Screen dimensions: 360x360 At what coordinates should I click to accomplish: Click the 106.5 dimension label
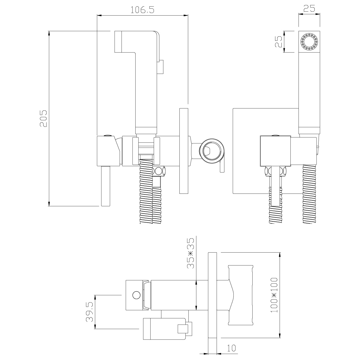[142, 10]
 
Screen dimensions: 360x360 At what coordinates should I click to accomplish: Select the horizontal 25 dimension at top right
[309, 8]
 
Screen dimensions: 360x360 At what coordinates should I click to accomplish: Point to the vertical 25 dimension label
[279, 41]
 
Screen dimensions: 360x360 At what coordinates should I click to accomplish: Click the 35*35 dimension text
[190, 253]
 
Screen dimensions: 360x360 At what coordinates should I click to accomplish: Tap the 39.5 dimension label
[89, 312]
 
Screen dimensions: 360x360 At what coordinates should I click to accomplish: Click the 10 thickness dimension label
[232, 348]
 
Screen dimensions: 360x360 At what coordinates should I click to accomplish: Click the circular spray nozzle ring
[309, 41]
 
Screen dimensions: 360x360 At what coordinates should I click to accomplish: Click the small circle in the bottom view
[136, 295]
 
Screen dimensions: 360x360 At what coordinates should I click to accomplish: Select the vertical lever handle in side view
[106, 186]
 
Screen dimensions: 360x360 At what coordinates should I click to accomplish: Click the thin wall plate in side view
[184, 151]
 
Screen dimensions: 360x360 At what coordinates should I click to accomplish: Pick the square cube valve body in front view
[276, 151]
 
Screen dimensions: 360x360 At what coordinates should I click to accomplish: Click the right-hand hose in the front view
[309, 194]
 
